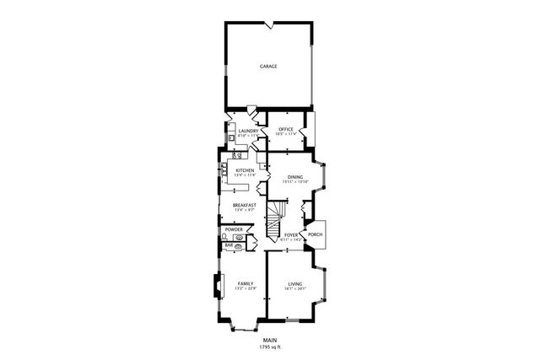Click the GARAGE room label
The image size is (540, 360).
point(268,66)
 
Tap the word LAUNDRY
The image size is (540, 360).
point(248,131)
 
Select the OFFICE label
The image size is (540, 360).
point(286,129)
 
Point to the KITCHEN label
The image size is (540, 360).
point(245,170)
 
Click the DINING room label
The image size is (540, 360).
point(294,177)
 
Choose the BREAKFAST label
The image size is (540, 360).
point(245,205)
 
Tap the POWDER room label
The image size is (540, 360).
point(234,229)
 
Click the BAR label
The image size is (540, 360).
point(228,245)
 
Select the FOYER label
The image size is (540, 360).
point(292,235)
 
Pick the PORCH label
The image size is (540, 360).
point(315,235)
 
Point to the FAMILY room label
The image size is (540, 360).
point(245,283)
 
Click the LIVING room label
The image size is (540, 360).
point(294,283)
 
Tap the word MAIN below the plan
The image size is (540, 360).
point(269,340)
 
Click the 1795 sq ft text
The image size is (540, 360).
point(269,347)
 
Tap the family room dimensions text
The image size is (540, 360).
point(245,289)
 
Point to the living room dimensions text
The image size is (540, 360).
point(294,289)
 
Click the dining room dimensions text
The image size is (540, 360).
point(294,182)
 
